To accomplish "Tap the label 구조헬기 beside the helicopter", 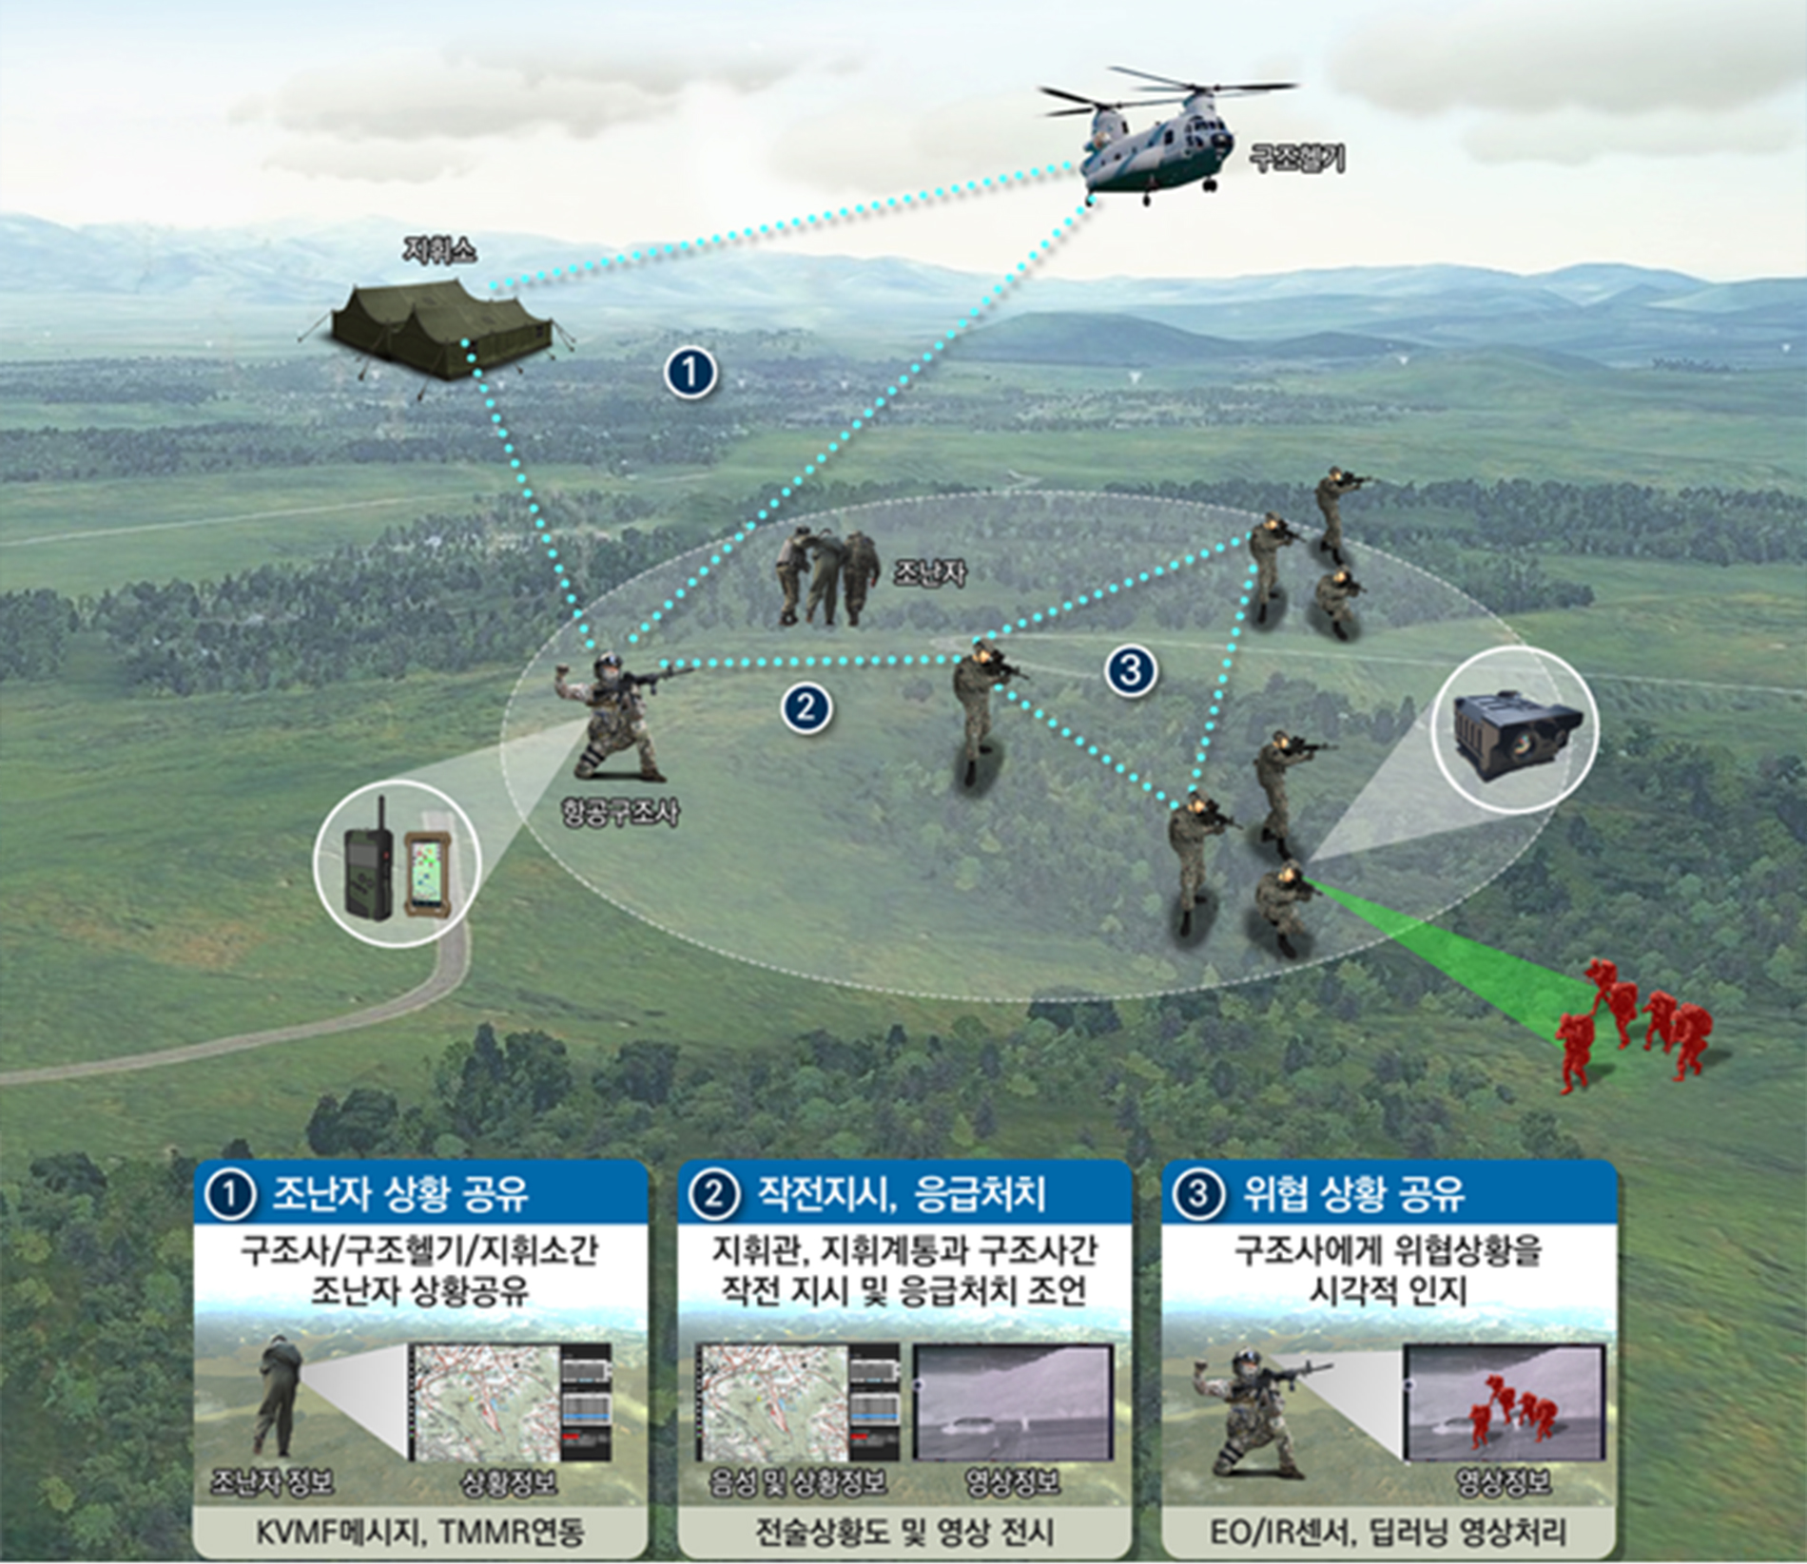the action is [1296, 159].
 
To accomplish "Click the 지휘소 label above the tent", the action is [439, 250].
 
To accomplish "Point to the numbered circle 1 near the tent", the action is [690, 373].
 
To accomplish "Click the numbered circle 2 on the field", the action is [806, 707].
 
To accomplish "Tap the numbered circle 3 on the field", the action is [1130, 671].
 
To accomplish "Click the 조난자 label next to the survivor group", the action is [929, 572].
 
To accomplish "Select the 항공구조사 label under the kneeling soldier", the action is [619, 812].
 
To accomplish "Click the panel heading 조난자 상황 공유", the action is [400, 1193].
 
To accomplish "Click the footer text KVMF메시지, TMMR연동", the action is [419, 1532].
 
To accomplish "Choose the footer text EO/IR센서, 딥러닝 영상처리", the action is [1388, 1532].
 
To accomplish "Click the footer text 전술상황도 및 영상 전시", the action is [903, 1532].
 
